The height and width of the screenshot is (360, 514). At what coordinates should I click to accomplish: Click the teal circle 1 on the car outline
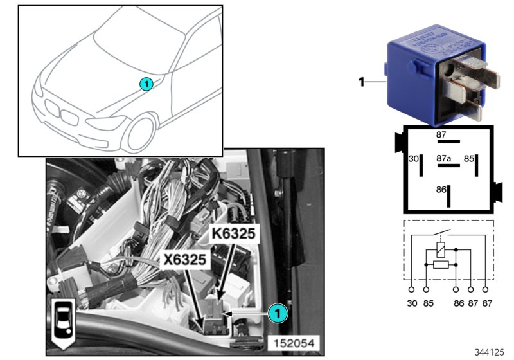pos(146,84)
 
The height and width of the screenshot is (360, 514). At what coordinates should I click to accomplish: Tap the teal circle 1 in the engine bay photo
pos(277,312)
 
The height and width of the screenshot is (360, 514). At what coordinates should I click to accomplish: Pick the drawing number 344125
pos(490,352)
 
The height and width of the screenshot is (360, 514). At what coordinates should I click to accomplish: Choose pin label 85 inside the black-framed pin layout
pos(470,157)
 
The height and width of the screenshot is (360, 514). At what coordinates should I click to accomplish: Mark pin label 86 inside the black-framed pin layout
pos(440,190)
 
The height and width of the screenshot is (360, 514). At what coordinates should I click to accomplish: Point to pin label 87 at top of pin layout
pos(441,134)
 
